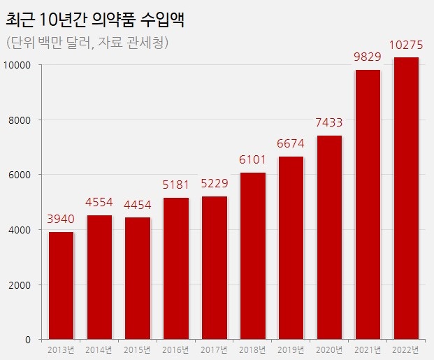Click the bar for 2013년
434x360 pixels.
pyautogui.click(x=61, y=285)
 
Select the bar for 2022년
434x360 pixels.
pyautogui.click(x=406, y=199)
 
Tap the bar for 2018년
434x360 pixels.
pyautogui.click(x=252, y=256)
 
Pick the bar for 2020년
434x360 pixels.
pyautogui.click(x=329, y=238)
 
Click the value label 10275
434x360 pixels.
pyautogui.click(x=406, y=45)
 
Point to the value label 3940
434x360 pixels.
pyautogui.click(x=61, y=219)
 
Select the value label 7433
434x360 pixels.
pyautogui.click(x=329, y=123)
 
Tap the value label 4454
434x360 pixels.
pyautogui.click(x=138, y=206)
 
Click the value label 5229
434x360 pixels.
pyautogui.click(x=215, y=185)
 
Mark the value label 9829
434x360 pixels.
pyautogui.click(x=368, y=57)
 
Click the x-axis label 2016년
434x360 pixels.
pyautogui.click(x=176, y=350)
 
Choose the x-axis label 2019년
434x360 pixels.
pyautogui.click(x=291, y=350)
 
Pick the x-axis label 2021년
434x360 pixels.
pyautogui.click(x=368, y=350)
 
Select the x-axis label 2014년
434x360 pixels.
pyautogui.click(x=99, y=350)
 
